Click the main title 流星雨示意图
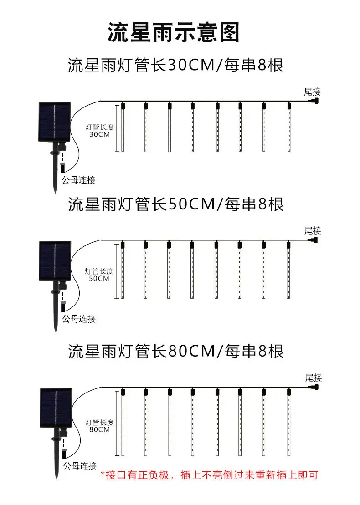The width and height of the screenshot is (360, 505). click(174, 32)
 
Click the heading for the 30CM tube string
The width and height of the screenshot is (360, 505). click(175, 65)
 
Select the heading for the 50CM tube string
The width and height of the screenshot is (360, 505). click(175, 204)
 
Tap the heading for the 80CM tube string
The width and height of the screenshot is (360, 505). click(175, 351)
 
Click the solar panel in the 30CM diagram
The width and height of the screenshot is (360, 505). click(55, 122)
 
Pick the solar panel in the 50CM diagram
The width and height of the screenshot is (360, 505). click(55, 261)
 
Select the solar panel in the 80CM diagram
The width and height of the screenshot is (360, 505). click(56, 408)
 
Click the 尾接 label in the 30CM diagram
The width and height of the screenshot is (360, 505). click(312, 92)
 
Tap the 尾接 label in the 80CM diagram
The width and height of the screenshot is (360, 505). click(314, 377)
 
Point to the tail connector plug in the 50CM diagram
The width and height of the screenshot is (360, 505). click(313, 240)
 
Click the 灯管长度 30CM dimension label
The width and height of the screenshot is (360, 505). click(100, 130)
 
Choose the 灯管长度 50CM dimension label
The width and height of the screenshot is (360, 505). click(99, 275)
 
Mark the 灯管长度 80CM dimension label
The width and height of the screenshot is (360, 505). click(100, 426)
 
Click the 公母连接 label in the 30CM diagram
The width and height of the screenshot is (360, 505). click(79, 180)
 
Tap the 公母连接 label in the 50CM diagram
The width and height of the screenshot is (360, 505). click(79, 319)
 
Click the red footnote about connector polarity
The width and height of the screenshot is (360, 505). click(210, 475)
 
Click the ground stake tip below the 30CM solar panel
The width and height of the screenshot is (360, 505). click(55, 192)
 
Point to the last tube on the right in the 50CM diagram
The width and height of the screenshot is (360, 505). click(288, 270)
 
